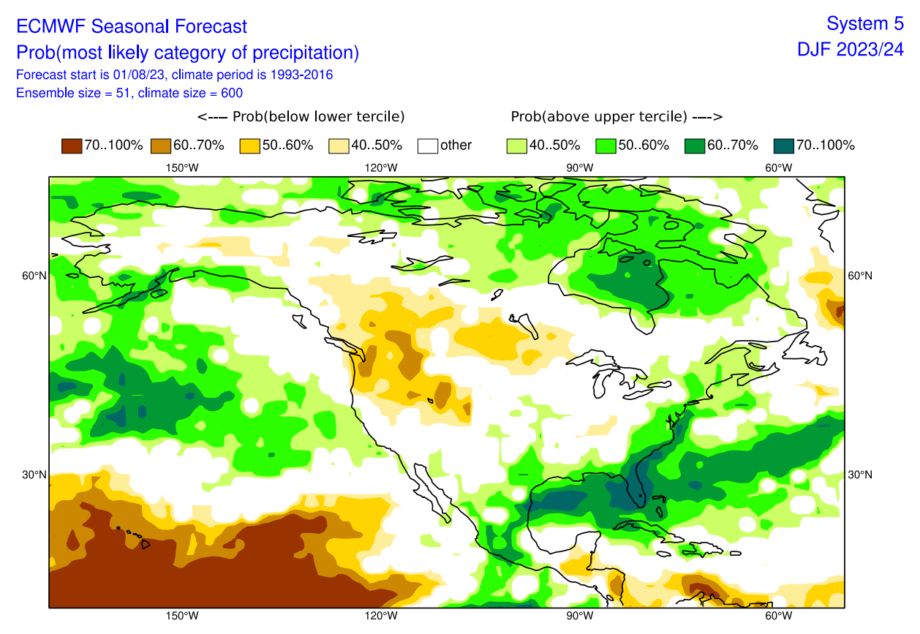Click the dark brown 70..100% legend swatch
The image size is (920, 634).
[72, 145]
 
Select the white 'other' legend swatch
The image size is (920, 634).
[428, 145]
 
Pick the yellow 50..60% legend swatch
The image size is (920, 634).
[250, 145]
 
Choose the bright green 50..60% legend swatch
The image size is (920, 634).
[606, 145]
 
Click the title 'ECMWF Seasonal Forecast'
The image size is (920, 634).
[132, 27]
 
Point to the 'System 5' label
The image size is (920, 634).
[865, 23]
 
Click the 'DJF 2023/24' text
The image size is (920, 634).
[851, 50]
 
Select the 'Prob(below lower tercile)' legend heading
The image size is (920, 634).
[301, 117]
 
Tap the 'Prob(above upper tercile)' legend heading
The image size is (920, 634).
[617, 117]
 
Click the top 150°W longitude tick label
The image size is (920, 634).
[182, 167]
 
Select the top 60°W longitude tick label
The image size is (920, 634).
[779, 167]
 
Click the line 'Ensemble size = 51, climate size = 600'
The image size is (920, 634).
[129, 93]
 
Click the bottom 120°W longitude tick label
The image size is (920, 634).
[381, 616]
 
